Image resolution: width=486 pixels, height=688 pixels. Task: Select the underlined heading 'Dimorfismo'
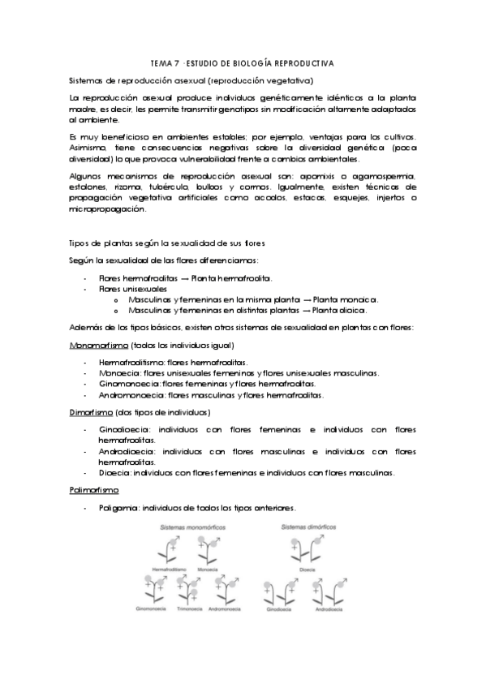tap(91, 412)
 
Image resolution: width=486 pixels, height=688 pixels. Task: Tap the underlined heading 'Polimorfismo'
tap(93, 490)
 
